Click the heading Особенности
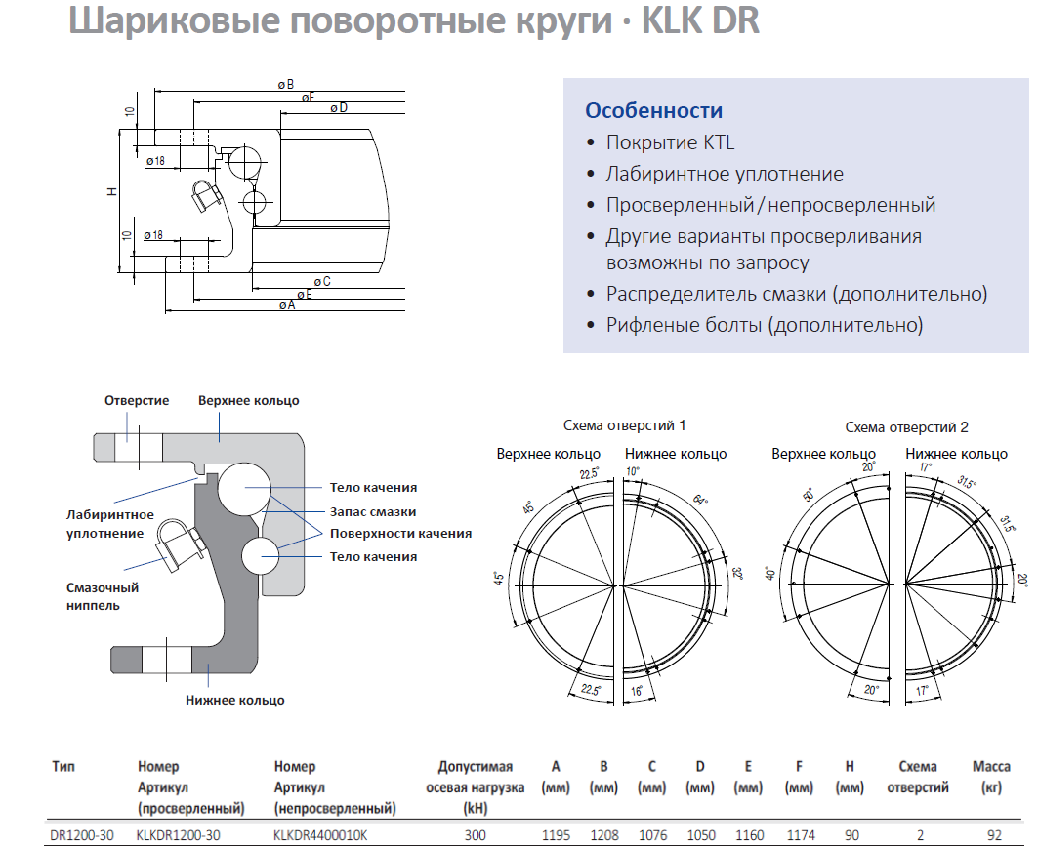[x=653, y=110]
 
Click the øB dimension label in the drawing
[x=286, y=85]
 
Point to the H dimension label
[x=112, y=191]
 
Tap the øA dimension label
[x=287, y=305]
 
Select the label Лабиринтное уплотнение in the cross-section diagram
[x=110, y=524]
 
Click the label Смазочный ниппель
[x=102, y=596]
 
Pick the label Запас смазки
[x=373, y=511]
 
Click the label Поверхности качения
[x=400, y=534]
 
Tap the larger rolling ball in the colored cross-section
[x=244, y=489]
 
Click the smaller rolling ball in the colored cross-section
[x=261, y=556]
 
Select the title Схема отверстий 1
[x=624, y=425]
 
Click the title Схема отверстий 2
[x=906, y=427]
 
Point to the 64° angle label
[x=700, y=499]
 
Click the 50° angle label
[x=809, y=495]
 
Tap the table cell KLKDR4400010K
[x=319, y=835]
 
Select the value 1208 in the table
[x=603, y=835]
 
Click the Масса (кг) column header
[x=991, y=777]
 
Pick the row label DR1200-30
[x=81, y=835]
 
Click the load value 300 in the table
[x=475, y=835]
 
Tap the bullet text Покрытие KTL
[x=670, y=142]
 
